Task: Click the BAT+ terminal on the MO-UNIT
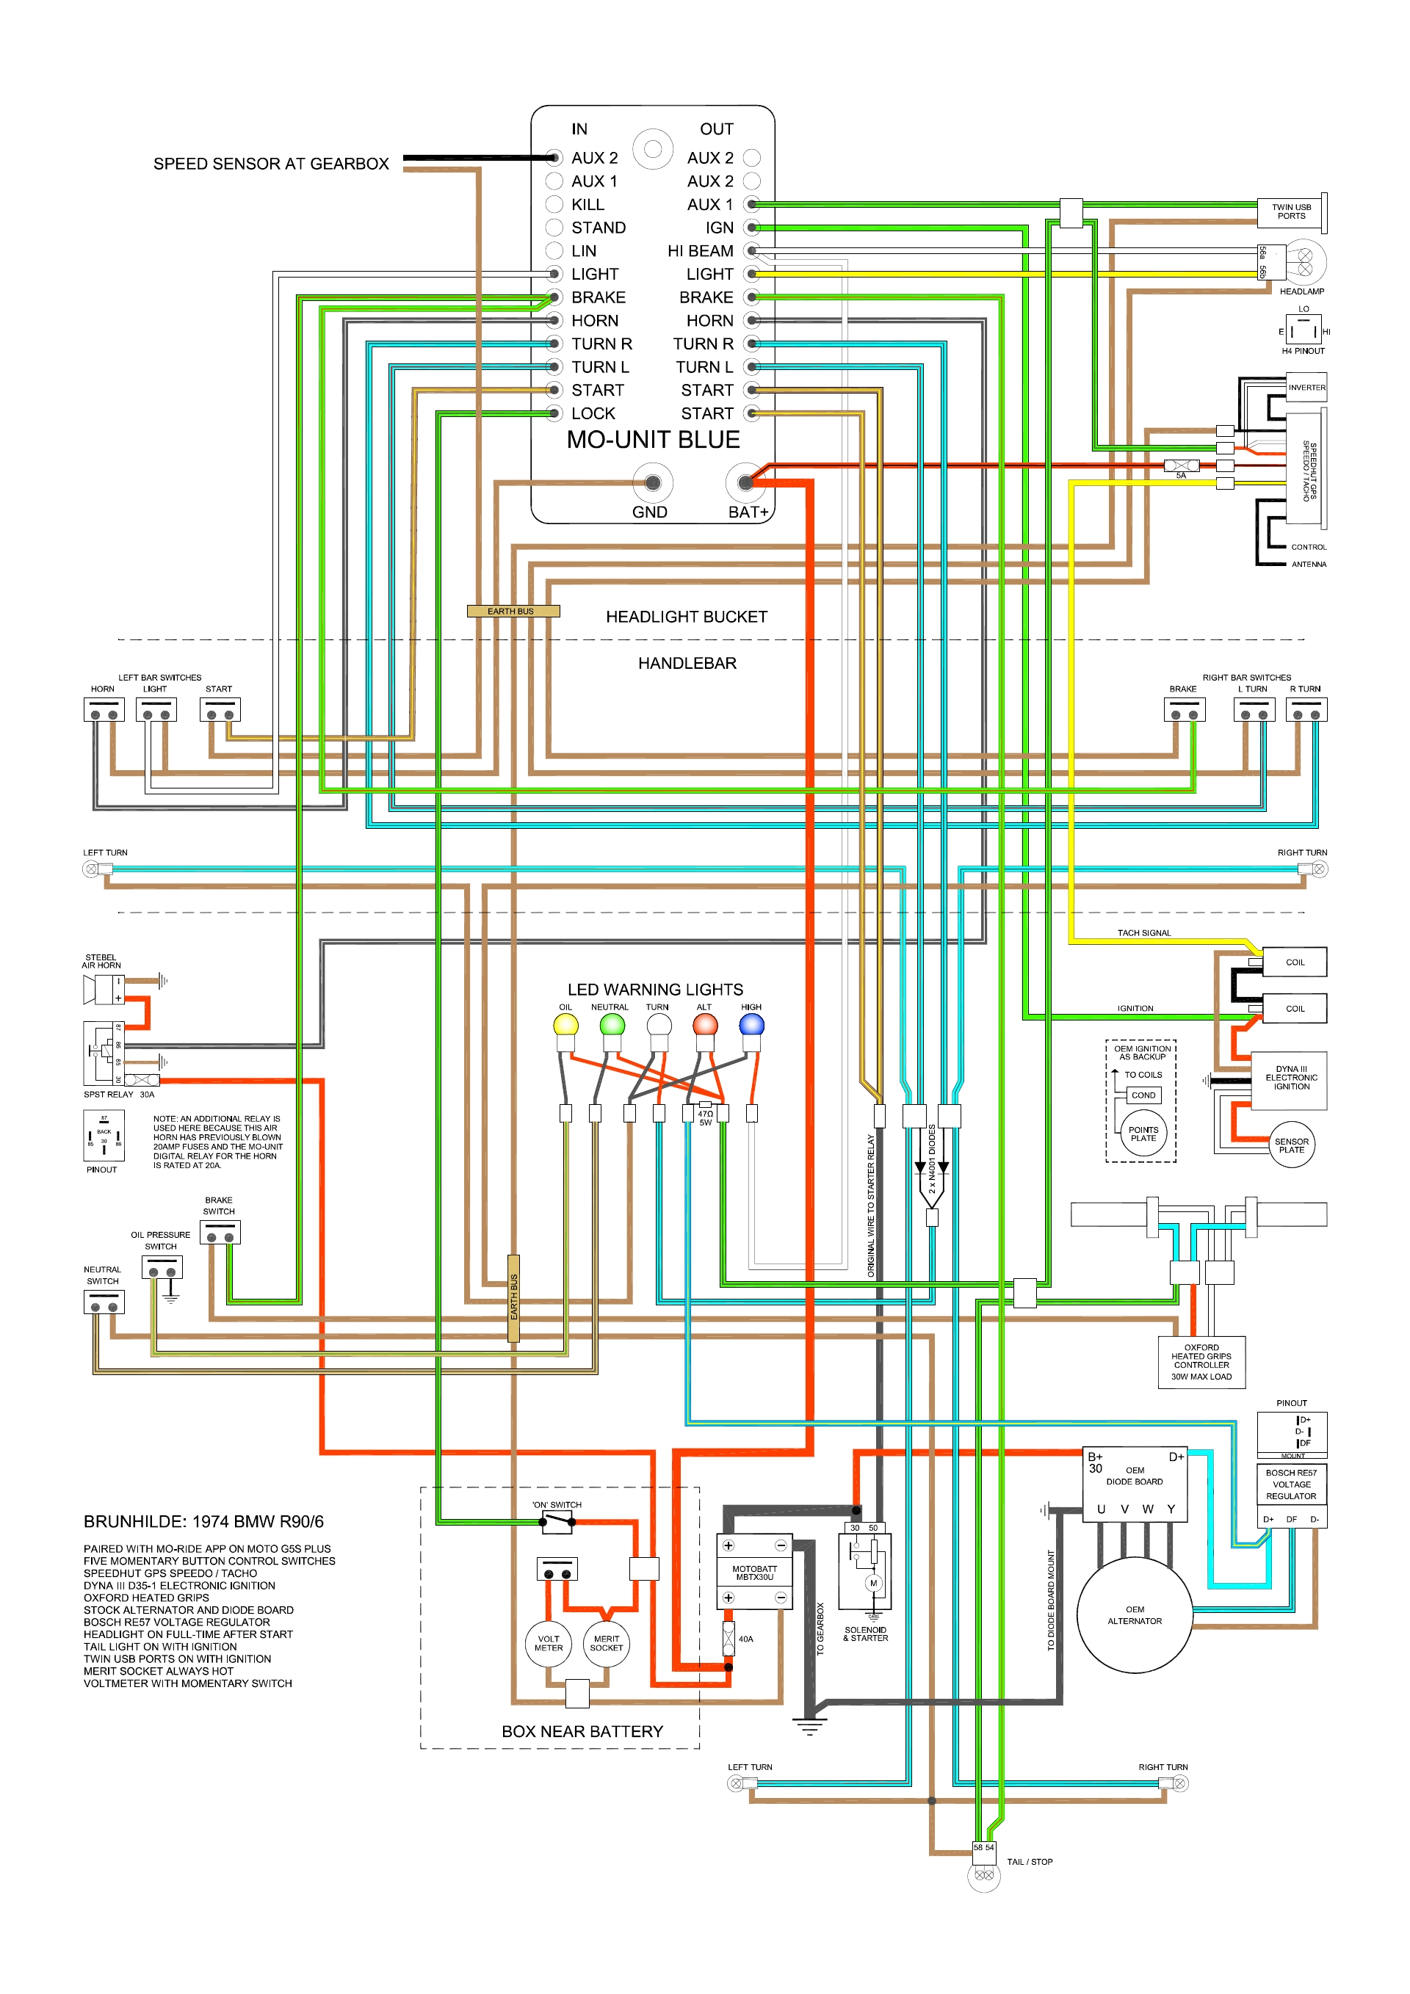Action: click(x=745, y=482)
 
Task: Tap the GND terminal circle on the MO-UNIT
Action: click(x=652, y=482)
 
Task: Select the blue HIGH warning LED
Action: click(x=751, y=1025)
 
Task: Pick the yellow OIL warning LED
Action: click(x=565, y=1025)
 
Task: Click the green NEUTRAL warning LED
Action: click(x=612, y=1025)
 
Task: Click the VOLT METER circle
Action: click(x=548, y=1643)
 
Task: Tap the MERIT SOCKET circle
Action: click(x=607, y=1643)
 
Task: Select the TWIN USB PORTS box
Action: click(x=1290, y=212)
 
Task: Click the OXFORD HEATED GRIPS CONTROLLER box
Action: click(x=1201, y=1362)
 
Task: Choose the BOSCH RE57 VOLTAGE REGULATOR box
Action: click(x=1290, y=1484)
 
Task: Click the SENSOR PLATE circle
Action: click(x=1291, y=1145)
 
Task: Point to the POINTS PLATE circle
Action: click(x=1143, y=1134)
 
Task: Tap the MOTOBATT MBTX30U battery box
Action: click(x=754, y=1573)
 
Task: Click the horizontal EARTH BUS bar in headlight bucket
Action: click(x=513, y=612)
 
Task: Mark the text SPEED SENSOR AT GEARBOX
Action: click(x=271, y=164)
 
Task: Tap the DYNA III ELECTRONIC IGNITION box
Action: click(x=1290, y=1078)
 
